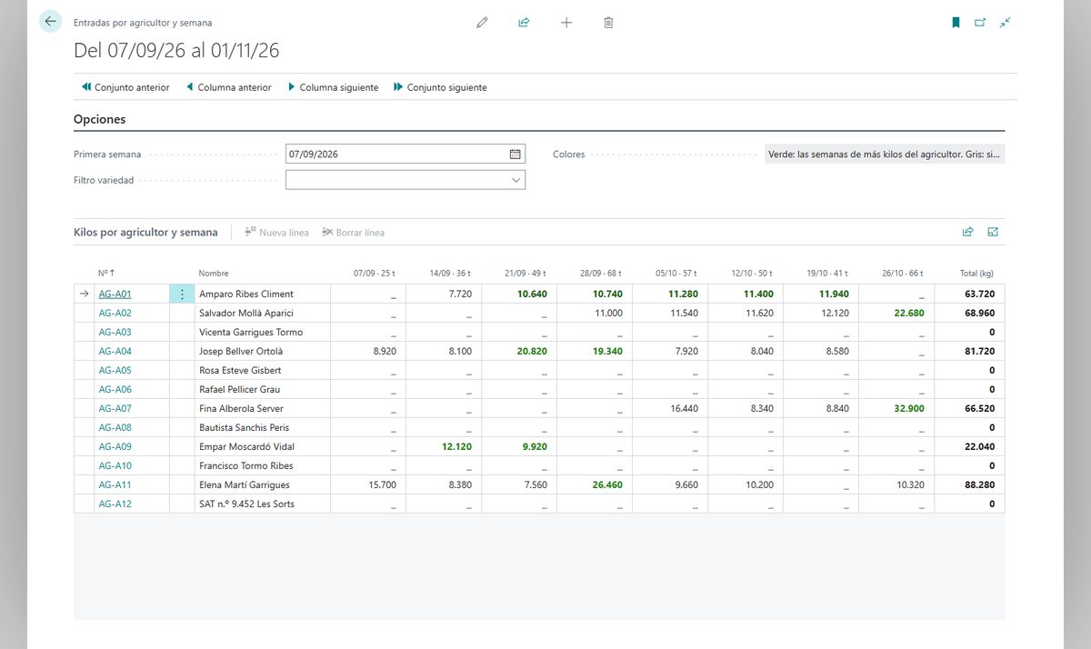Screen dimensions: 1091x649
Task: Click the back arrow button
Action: click(x=50, y=22)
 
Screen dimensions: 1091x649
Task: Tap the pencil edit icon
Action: click(x=482, y=23)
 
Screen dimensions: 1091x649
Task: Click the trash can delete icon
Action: click(x=608, y=23)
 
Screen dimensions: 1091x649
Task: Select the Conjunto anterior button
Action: click(x=125, y=87)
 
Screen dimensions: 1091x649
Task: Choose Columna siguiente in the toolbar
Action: click(x=333, y=87)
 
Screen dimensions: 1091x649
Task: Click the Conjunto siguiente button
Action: click(x=440, y=87)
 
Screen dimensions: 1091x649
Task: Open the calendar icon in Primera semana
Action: click(x=515, y=154)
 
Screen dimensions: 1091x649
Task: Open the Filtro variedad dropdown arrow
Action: click(x=515, y=180)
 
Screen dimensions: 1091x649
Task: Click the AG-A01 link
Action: click(x=115, y=295)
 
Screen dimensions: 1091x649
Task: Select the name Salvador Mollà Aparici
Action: click(x=246, y=313)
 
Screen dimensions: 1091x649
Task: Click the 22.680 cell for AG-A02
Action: click(x=909, y=313)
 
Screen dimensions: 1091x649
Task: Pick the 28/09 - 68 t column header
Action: click(x=601, y=273)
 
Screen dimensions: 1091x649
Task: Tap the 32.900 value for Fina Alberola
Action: click(x=909, y=408)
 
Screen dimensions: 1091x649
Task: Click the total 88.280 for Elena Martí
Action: click(x=979, y=484)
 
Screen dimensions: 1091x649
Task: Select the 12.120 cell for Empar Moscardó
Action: click(x=456, y=446)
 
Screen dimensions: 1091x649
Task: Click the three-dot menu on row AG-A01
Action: click(x=182, y=295)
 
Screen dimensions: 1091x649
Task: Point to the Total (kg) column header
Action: click(x=976, y=273)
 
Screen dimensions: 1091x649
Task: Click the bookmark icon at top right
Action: click(x=956, y=23)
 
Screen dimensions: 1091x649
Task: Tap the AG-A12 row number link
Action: click(x=115, y=504)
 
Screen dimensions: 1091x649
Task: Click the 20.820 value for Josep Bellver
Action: click(x=532, y=351)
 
